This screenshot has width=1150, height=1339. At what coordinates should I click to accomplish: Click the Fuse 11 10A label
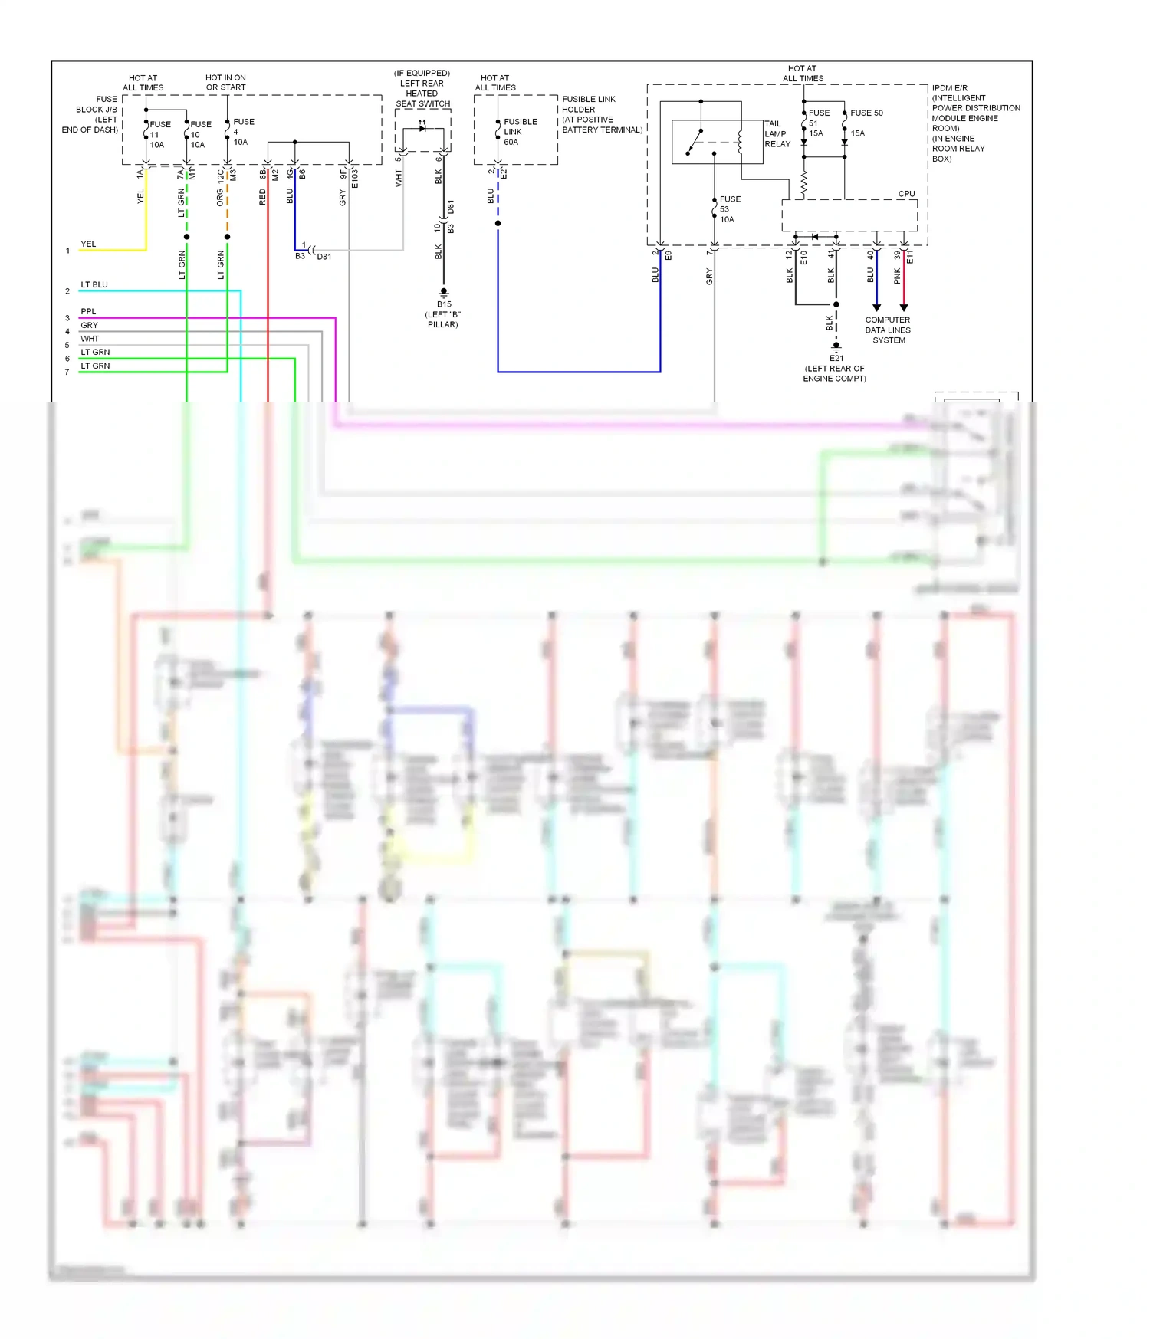coord(159,134)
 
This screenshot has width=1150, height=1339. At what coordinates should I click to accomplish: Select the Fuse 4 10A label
coord(242,131)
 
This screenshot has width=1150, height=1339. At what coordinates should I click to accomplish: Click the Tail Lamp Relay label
coord(777,133)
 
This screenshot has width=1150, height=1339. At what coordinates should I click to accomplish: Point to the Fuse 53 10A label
coord(728,209)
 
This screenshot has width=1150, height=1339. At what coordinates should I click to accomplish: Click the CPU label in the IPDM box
coord(906,194)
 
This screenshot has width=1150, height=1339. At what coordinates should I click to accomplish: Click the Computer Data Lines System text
coord(888,330)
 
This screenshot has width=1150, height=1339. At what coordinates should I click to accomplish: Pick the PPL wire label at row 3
coord(88,311)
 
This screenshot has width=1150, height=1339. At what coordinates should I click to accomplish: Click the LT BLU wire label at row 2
coord(94,284)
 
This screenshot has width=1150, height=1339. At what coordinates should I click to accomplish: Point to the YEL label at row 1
coord(88,244)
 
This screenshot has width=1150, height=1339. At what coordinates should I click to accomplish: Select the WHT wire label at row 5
coord(90,339)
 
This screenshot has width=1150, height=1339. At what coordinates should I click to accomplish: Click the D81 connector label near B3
coord(324,257)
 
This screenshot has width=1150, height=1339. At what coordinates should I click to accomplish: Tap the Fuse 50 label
coord(866,113)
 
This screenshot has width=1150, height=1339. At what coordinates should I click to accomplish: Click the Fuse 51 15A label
coord(817,123)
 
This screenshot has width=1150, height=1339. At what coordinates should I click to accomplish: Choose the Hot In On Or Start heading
coord(225,83)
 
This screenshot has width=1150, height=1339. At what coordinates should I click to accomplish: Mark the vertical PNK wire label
coord(898,275)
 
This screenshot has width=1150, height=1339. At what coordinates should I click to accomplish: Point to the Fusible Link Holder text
coord(601,114)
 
